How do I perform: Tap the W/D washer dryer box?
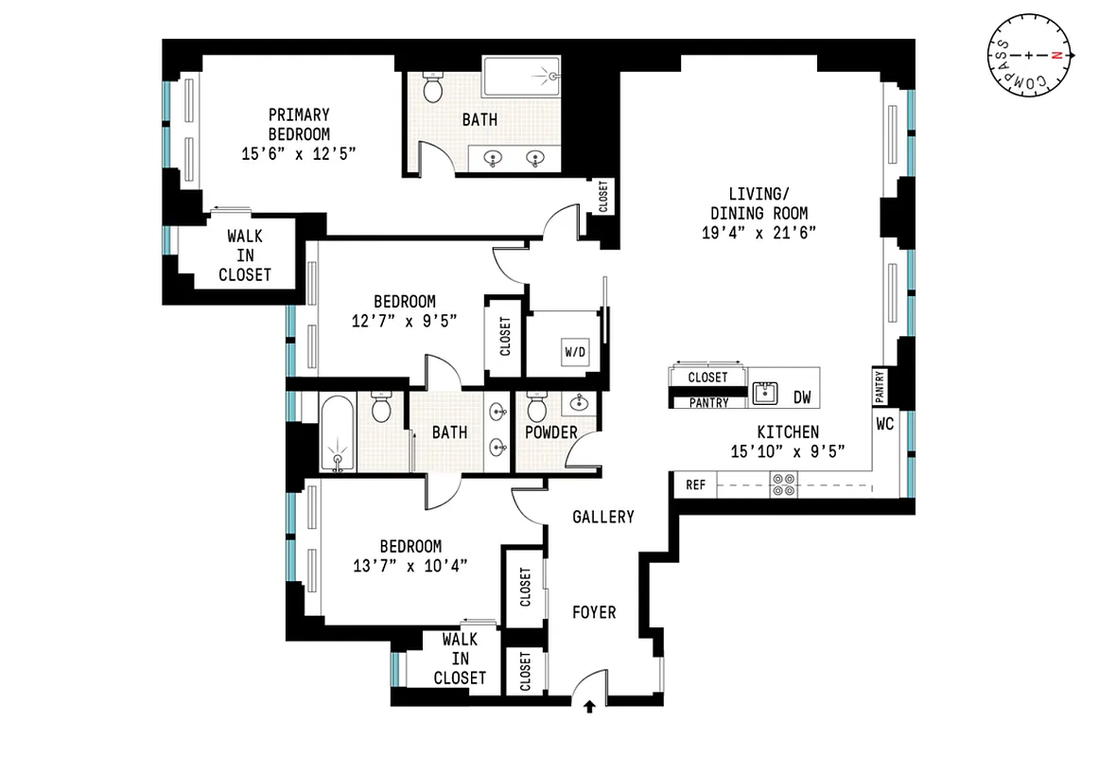point(575,352)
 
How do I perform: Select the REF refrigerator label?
point(695,485)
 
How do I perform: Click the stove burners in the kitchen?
point(784,485)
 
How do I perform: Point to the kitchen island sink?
point(766,394)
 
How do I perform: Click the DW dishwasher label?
point(802,397)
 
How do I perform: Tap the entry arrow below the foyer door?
point(590,706)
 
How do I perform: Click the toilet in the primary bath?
point(433,89)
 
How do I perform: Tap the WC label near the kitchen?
point(884,424)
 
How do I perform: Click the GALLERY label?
point(603,517)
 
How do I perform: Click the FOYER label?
point(594,612)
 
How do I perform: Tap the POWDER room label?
point(551,432)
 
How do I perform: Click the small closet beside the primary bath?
point(603,197)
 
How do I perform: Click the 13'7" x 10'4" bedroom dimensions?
point(410,565)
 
